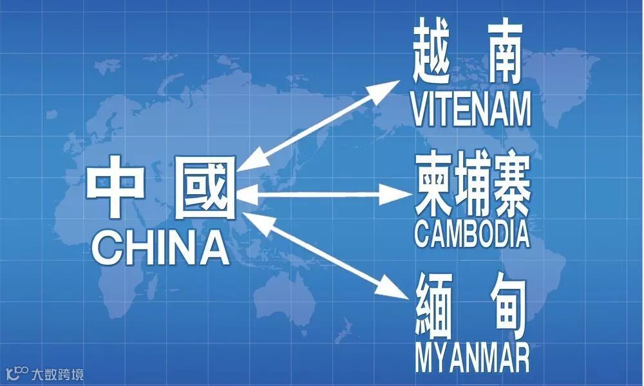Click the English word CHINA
click(x=161, y=248)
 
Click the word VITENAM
click(x=471, y=109)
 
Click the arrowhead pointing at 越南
click(x=390, y=89)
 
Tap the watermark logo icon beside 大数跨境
click(x=17, y=372)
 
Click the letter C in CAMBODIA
click(x=422, y=234)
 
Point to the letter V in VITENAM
click(x=419, y=110)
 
